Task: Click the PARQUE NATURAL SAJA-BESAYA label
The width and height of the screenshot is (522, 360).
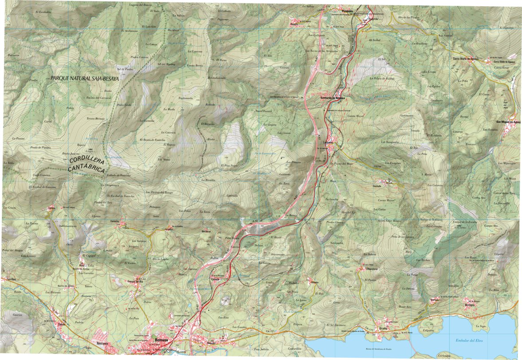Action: pos(85,78)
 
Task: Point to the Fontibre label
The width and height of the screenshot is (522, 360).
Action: pos(8,279)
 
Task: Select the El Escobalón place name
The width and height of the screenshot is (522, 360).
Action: pos(43,12)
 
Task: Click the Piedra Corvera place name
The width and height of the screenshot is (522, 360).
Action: pos(139,57)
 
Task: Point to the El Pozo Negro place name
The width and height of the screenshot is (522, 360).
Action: pos(230,165)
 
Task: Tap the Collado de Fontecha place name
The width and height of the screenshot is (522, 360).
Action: pos(120,175)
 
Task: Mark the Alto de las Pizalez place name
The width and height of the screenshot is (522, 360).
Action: pos(408,17)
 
